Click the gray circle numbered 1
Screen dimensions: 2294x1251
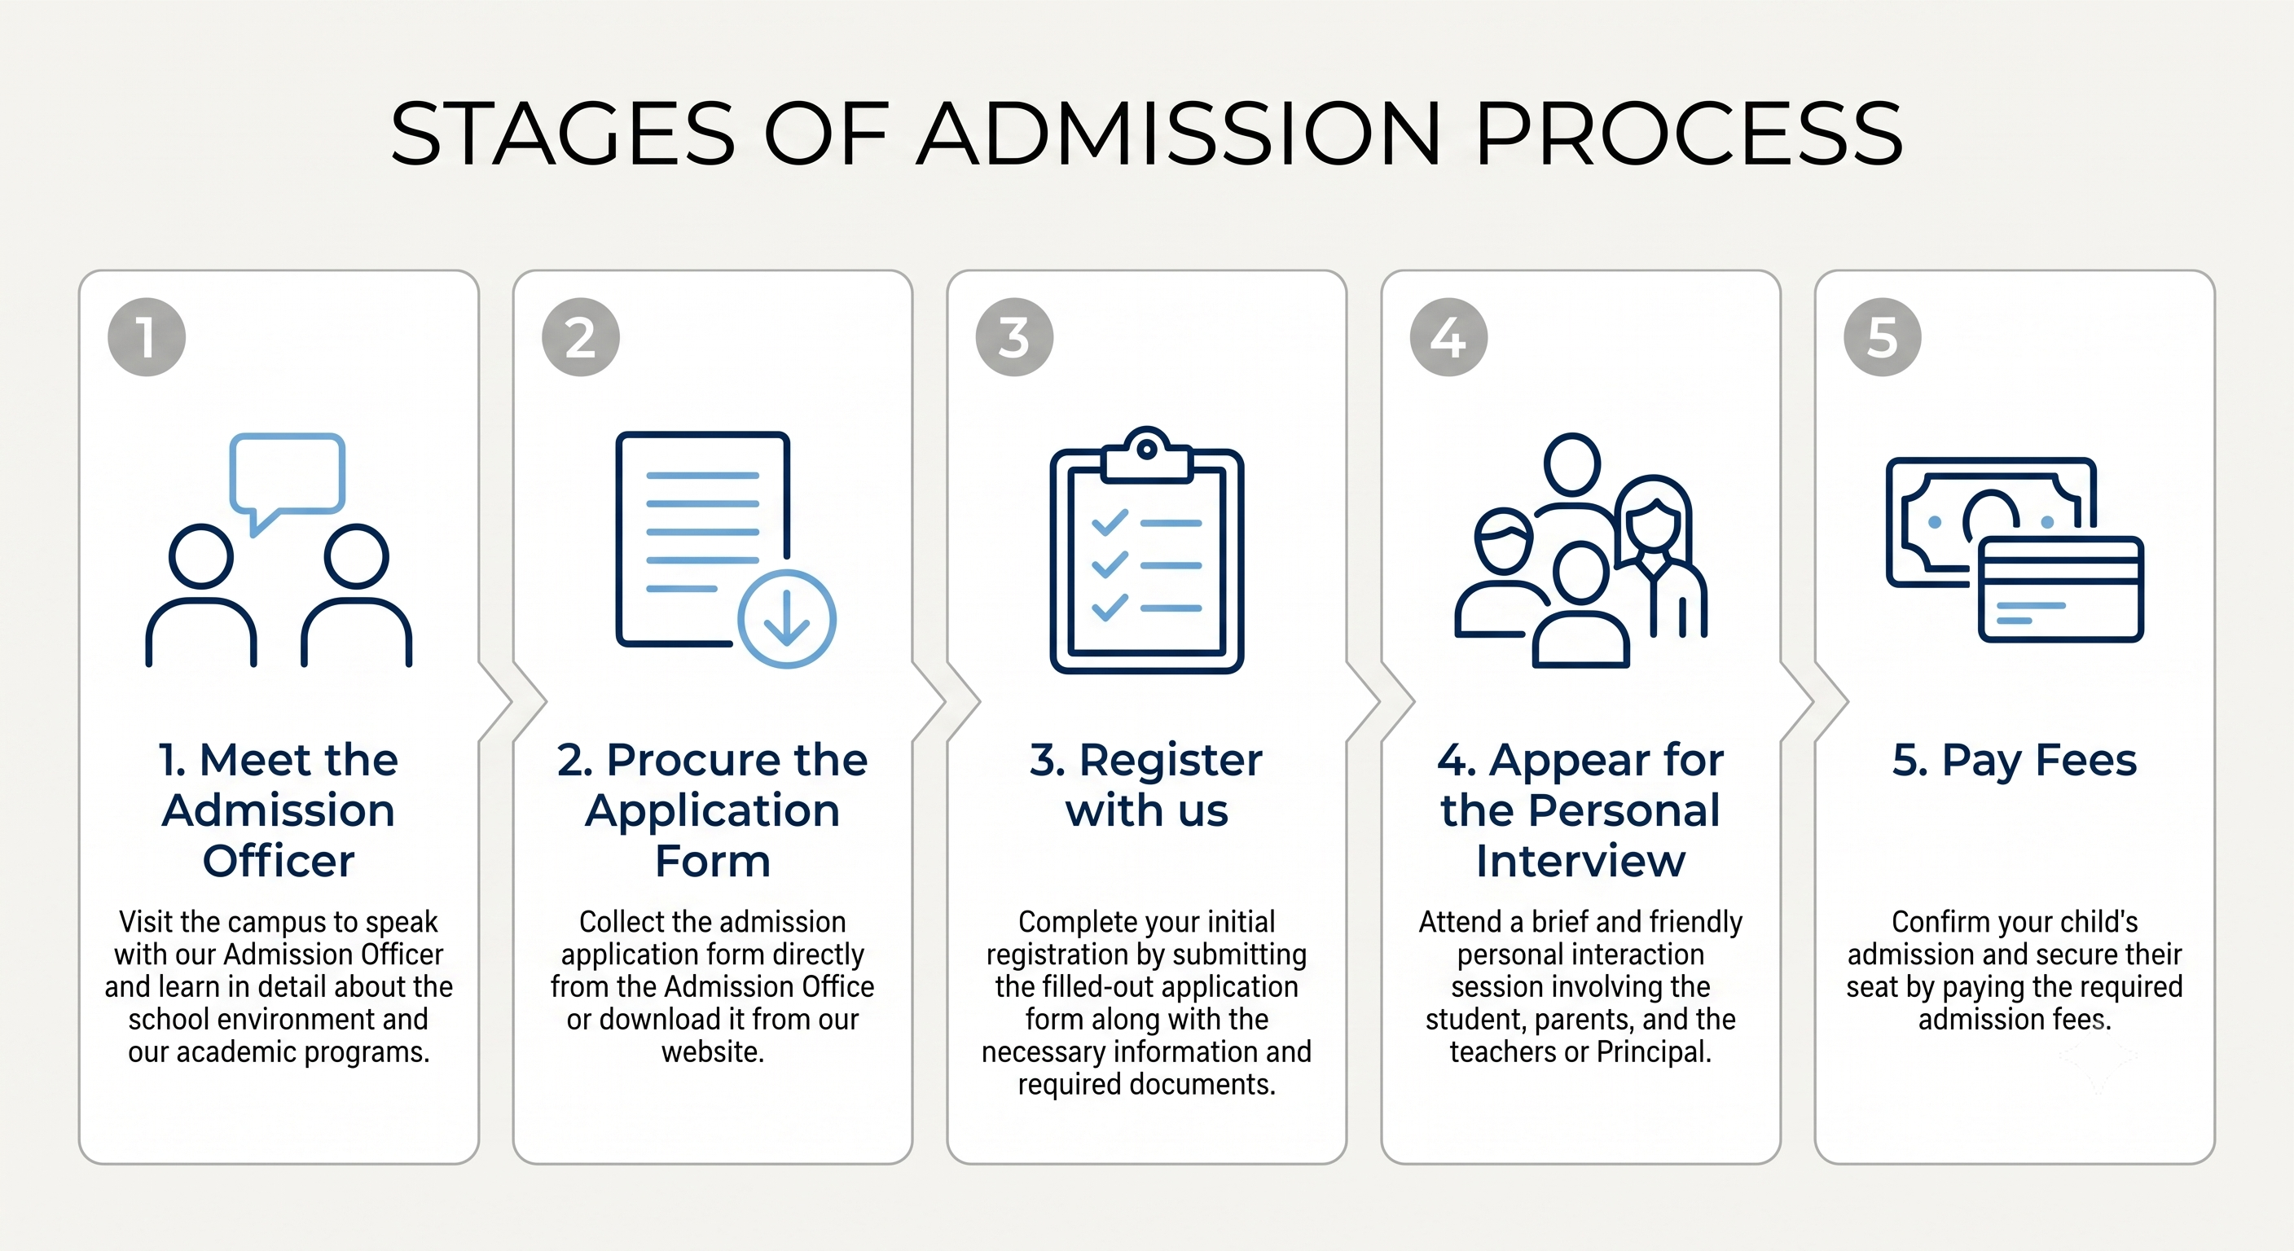point(147,337)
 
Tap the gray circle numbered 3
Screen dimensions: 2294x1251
point(1014,337)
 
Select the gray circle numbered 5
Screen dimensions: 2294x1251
point(1882,337)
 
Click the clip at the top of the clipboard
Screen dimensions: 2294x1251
point(1147,455)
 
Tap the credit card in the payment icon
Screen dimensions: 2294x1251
point(2059,589)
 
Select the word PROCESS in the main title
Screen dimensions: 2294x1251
point(1690,134)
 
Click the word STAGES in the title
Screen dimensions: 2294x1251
point(563,134)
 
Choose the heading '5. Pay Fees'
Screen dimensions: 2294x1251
point(2015,761)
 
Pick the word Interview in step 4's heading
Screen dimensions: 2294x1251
point(1580,861)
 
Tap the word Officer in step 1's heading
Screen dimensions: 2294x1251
point(279,861)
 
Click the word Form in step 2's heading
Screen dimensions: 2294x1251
point(713,861)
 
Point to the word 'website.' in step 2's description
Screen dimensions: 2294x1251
point(713,1052)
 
